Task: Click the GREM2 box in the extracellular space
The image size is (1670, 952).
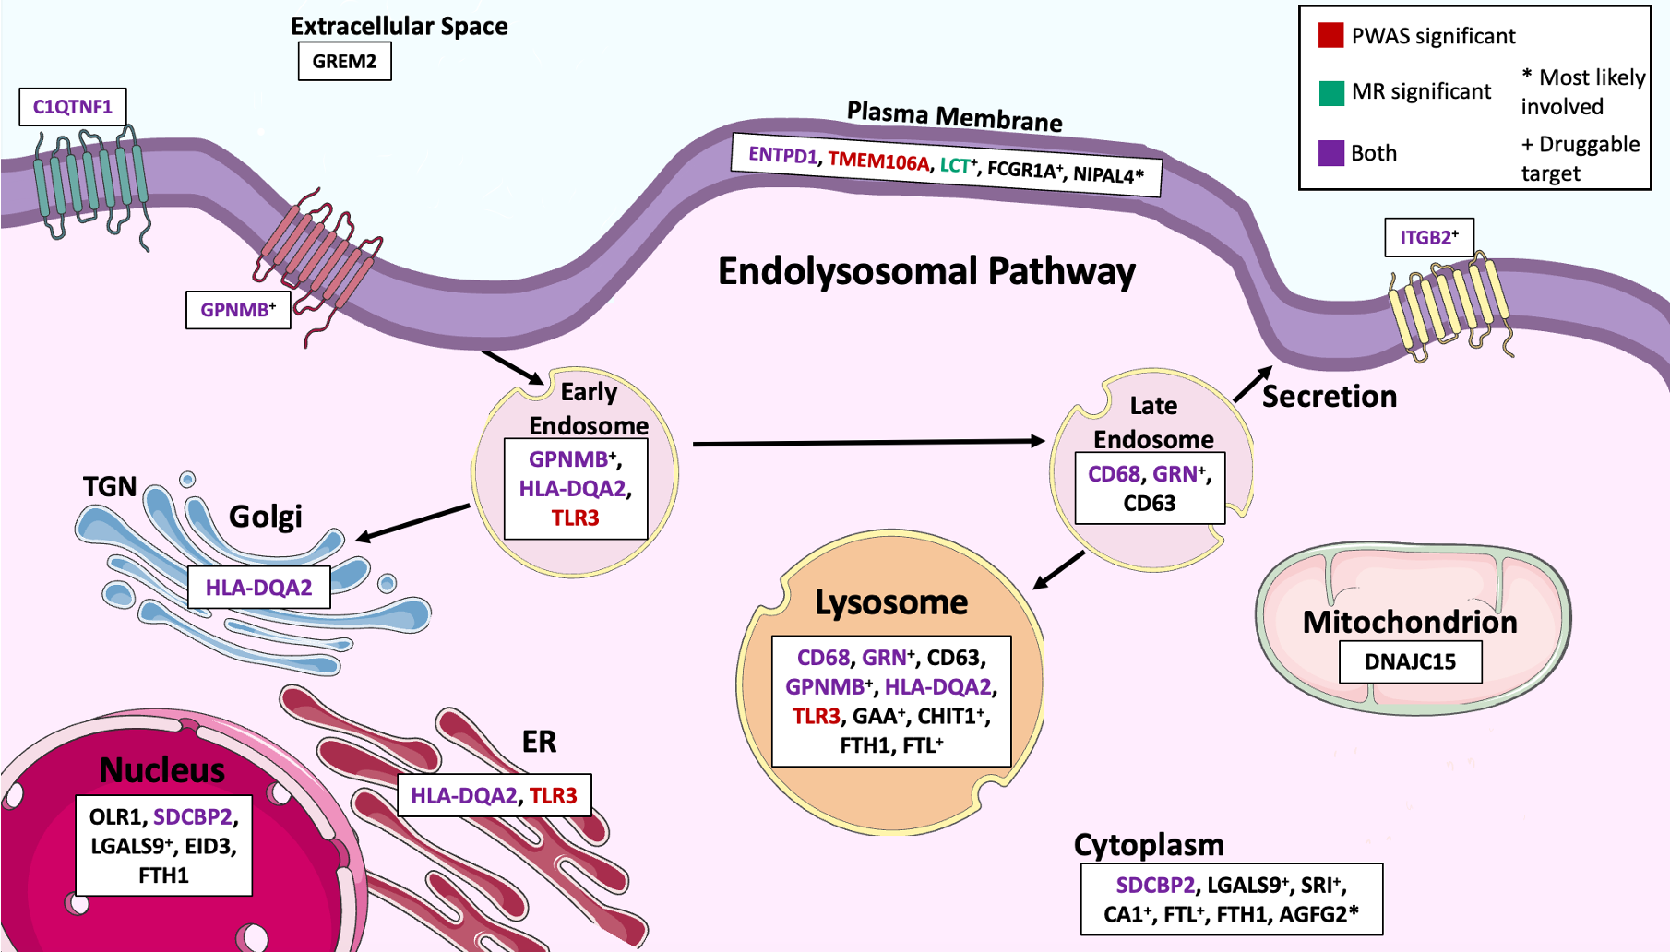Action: (x=344, y=62)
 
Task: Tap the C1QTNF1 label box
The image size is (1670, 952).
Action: (x=73, y=107)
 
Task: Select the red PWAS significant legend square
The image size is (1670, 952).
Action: (x=1330, y=36)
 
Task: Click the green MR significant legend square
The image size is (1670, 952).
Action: (x=1330, y=92)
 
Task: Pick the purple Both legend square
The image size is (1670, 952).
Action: (x=1330, y=153)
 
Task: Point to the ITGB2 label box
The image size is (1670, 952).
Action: (x=1428, y=238)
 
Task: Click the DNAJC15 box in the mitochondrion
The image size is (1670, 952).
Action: (x=1410, y=662)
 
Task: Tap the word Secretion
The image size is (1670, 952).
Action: (x=1329, y=397)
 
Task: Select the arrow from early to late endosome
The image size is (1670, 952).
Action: (x=867, y=443)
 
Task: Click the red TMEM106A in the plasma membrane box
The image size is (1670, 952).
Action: (x=878, y=161)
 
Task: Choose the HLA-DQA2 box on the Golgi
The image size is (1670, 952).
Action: (x=258, y=588)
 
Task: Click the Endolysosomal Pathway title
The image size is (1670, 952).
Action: (x=926, y=272)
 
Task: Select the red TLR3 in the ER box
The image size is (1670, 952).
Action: (x=553, y=795)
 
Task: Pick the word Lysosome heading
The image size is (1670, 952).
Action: (x=890, y=602)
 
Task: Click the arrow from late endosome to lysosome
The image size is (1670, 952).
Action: (x=1059, y=569)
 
